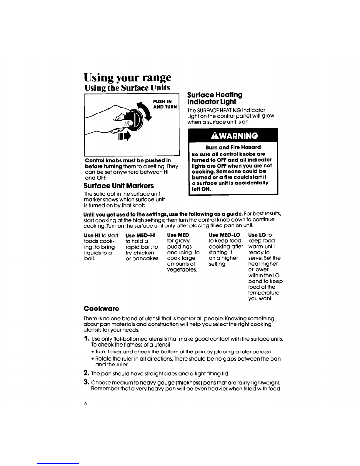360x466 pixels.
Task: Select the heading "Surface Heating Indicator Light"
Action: [215, 98]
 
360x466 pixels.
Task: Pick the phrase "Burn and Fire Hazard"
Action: [233, 147]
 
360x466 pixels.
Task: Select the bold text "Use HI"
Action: [91, 235]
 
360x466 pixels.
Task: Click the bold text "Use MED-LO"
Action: [224, 235]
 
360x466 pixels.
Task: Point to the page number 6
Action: [86, 404]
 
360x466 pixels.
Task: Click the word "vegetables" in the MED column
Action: [181, 269]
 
